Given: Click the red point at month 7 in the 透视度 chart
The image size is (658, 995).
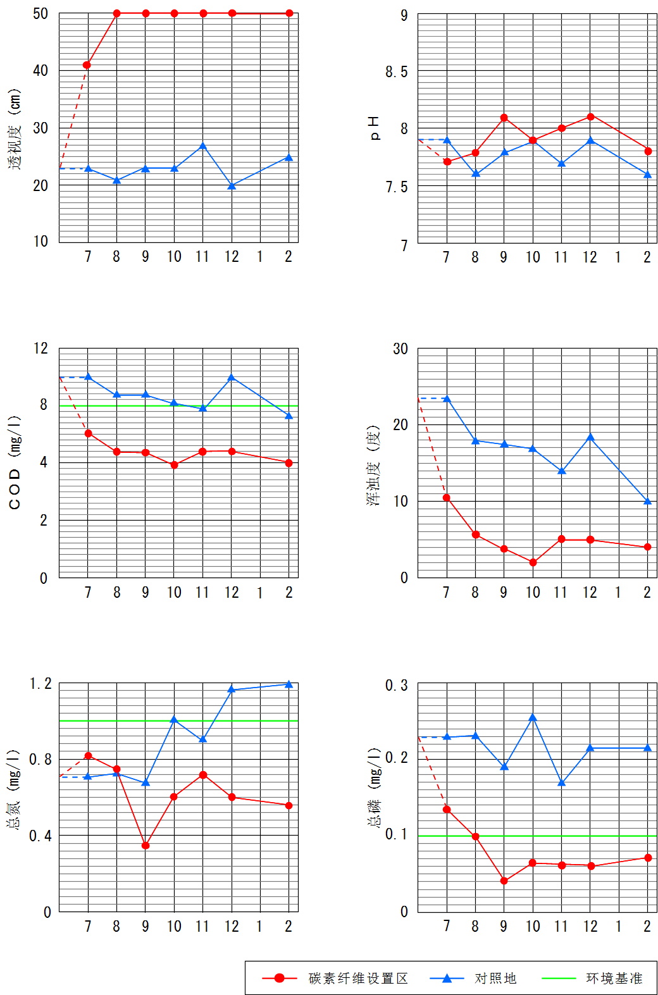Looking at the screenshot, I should coord(87,65).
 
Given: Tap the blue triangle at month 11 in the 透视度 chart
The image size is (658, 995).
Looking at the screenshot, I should coord(202,147).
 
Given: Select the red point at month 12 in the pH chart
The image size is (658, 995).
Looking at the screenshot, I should coord(590,116).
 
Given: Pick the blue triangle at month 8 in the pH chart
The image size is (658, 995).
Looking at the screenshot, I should coord(476,173).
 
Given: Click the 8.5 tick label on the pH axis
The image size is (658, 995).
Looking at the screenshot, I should coord(397,72).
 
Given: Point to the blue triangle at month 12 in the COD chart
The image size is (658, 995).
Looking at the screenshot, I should coord(232,378).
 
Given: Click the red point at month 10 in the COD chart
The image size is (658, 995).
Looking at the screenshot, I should coord(174,465).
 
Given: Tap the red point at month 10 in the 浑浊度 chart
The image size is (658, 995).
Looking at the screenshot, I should coord(533,562).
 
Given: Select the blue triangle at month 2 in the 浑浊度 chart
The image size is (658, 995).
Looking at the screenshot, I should coord(647,502).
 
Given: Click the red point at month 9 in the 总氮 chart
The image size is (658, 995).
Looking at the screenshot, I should coord(146,845).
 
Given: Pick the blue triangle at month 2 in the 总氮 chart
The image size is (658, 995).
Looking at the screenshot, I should coord(289,684).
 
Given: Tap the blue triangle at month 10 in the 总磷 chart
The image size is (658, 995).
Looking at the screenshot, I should coord(533,717).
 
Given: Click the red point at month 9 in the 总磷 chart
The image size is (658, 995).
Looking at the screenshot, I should coord(504,881).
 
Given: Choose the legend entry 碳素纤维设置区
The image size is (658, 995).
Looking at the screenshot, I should coord(358,979).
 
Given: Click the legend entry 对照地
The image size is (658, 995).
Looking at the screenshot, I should coord(495,979).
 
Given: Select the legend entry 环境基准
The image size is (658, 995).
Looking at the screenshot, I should coord(614,979).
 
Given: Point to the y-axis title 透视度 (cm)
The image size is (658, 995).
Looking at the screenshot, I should coord(15,129).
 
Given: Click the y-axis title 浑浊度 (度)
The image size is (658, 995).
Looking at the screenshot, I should coord(374,465).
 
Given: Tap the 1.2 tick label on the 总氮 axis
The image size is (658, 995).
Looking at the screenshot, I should coord(41,684).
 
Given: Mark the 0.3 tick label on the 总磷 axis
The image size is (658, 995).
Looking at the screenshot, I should coord(397,686).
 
